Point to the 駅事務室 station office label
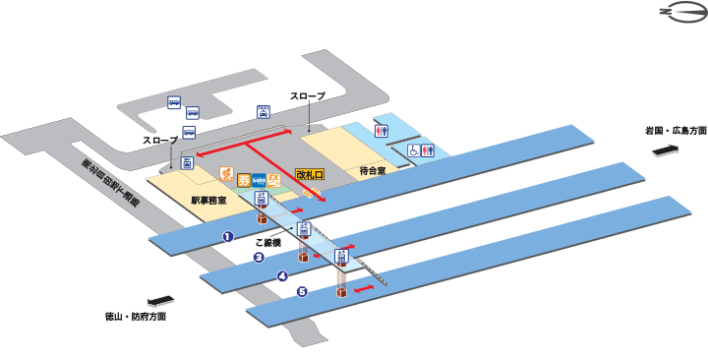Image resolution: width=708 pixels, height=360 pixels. click(x=208, y=200)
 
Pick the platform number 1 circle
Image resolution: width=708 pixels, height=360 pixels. click(x=227, y=236)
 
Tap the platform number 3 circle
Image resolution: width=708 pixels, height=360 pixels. click(x=259, y=259)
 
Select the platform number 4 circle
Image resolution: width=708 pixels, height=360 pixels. click(x=281, y=275)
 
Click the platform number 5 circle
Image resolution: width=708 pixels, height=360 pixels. click(x=302, y=291)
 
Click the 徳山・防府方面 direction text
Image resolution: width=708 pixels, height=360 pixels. click(x=135, y=317)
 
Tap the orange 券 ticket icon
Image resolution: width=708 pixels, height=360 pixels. click(x=243, y=179)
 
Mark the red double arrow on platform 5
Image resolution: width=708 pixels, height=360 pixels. click(x=364, y=289)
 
